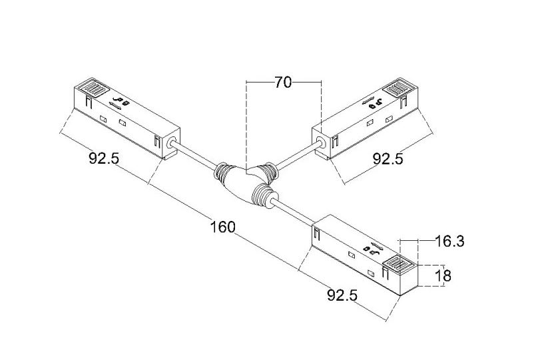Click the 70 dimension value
pyautogui.click(x=284, y=83)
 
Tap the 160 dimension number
pyautogui.click(x=222, y=227)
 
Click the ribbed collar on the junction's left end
pyautogui.click(x=221, y=172)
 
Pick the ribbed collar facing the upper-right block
pyautogui.click(x=272, y=170)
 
